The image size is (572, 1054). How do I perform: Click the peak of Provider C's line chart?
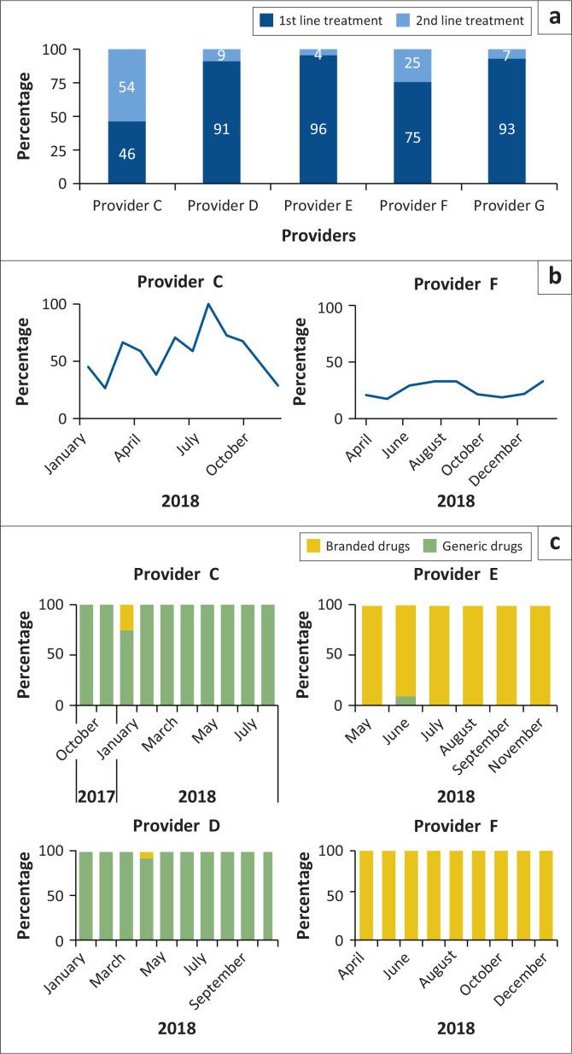click(207, 304)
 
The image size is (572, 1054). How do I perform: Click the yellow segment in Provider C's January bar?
click(126, 617)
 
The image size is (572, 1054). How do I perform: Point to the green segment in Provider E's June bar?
click(406, 701)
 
